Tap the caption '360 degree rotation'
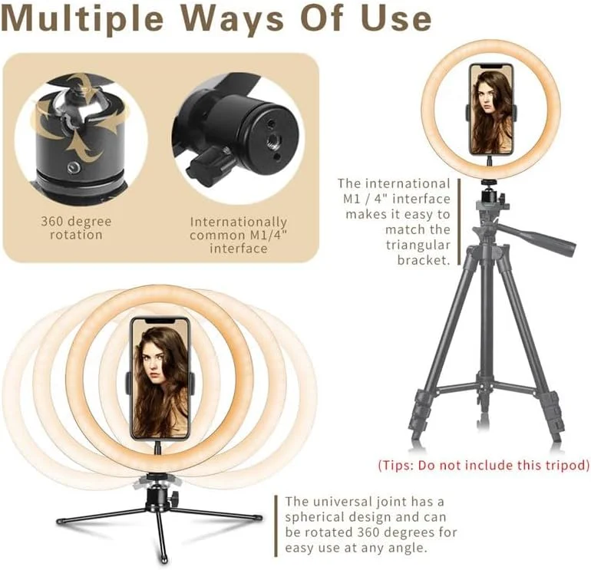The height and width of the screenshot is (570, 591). pyautogui.click(x=76, y=228)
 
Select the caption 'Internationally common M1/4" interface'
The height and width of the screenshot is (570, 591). pyautogui.click(x=238, y=235)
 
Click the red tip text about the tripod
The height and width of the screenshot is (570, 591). pyautogui.click(x=484, y=465)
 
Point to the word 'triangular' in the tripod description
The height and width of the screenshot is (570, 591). pyautogui.click(x=418, y=245)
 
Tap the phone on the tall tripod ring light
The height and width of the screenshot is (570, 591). pyautogui.click(x=491, y=109)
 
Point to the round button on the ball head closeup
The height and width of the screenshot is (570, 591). pyautogui.click(x=71, y=168)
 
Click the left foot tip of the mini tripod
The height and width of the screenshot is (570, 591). pyautogui.click(x=60, y=522)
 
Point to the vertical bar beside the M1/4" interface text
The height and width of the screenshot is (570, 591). pyautogui.click(x=459, y=222)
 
